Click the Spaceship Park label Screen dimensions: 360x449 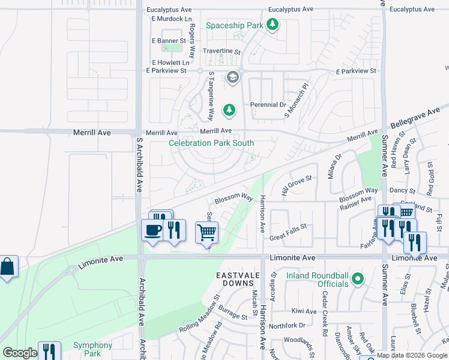pyautogui.click(x=234, y=26)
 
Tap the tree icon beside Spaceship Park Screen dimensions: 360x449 pyautogui.click(x=273, y=25)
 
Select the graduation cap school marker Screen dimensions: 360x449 pyautogui.click(x=232, y=77)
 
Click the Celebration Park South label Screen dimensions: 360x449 pyautogui.click(x=211, y=143)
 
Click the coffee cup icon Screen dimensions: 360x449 pyautogui.click(x=152, y=229)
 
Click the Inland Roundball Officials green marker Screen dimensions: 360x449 pyautogui.click(x=358, y=278)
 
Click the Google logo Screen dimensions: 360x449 pyautogui.click(x=20, y=353)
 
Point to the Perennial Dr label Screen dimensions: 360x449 pyautogui.click(x=268, y=104)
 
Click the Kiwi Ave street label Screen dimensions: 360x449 pyautogui.click(x=304, y=311)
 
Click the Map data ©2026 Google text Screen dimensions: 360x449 pyautogui.click(x=412, y=355)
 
